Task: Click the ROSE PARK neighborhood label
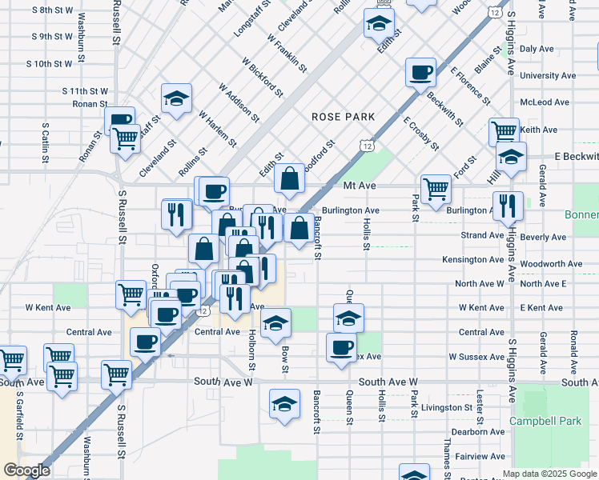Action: [x=344, y=117]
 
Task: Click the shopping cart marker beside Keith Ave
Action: [x=504, y=131]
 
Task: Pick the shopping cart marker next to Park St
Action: [x=436, y=189]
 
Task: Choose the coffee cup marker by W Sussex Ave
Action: [x=341, y=348]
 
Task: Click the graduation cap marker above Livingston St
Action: [x=284, y=405]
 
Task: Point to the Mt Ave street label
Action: [x=337, y=185]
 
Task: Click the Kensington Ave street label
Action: [x=473, y=259]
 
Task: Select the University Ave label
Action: [x=548, y=76]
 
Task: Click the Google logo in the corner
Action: [x=27, y=470]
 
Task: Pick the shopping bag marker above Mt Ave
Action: [x=289, y=179]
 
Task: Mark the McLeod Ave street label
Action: [x=544, y=102]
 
